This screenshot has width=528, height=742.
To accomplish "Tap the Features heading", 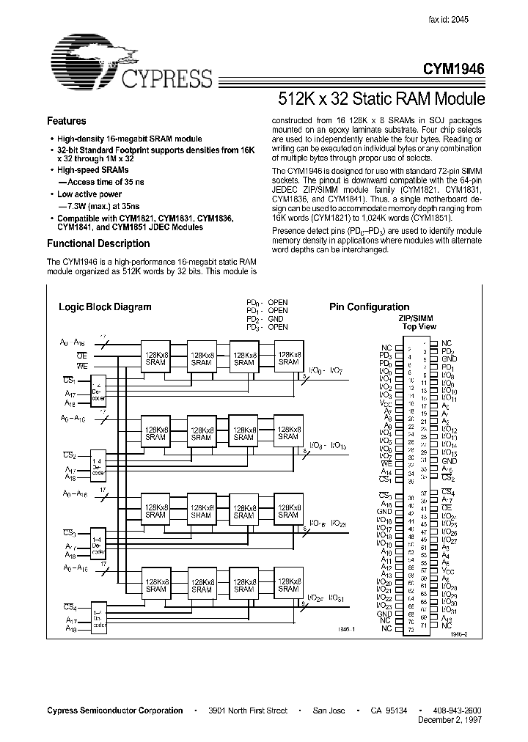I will tap(67, 121).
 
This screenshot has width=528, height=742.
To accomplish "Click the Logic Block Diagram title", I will tap(105, 307).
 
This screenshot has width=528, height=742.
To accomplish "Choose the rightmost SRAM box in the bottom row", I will tap(288, 584).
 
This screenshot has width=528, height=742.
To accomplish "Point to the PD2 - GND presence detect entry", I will tap(267, 319).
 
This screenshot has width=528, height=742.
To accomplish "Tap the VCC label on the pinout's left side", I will tap(386, 403).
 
